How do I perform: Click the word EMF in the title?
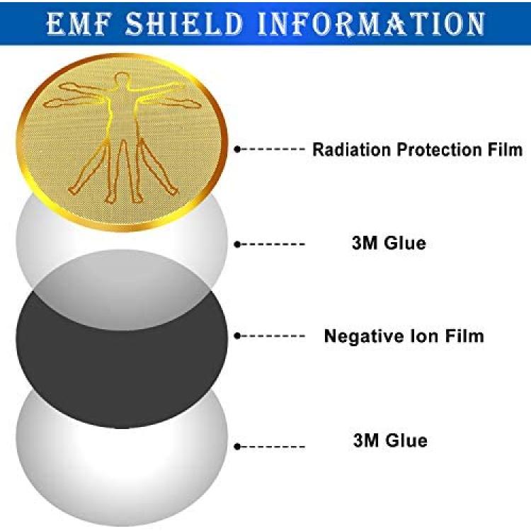(79, 23)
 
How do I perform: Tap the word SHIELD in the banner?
(185, 23)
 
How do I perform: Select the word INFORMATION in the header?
(372, 23)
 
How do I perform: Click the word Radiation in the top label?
(351, 149)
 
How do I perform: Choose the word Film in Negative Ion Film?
(464, 336)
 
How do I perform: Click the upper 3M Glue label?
(389, 243)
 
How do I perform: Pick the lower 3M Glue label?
(390, 440)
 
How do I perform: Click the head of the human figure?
(122, 79)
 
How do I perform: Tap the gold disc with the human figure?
(122, 142)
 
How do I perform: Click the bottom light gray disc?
(122, 474)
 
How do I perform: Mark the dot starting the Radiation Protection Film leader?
(237, 149)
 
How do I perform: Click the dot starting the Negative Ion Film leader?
(237, 336)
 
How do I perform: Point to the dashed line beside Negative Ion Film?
(273, 336)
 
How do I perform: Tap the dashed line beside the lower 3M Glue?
(273, 447)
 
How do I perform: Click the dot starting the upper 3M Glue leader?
(237, 244)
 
